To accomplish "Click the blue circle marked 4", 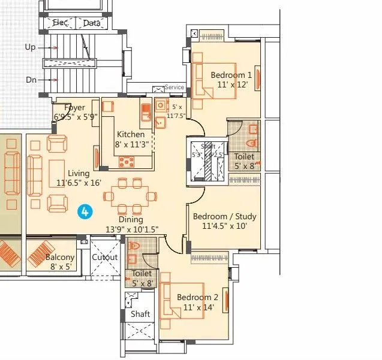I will (x=86, y=211).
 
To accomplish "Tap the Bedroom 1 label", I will (x=231, y=75).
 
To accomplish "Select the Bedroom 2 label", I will (x=197, y=298).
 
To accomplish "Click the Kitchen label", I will (x=131, y=135).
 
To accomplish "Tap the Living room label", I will (x=79, y=173).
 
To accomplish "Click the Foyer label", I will (x=75, y=108).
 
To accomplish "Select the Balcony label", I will (x=60, y=258).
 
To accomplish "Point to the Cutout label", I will (x=104, y=258).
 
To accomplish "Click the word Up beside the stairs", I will (x=30, y=47).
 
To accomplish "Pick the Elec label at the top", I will (x=60, y=23).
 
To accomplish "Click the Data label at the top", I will (x=91, y=23).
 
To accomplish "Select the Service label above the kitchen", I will (x=175, y=87).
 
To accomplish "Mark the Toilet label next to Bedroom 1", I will (x=244, y=157).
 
